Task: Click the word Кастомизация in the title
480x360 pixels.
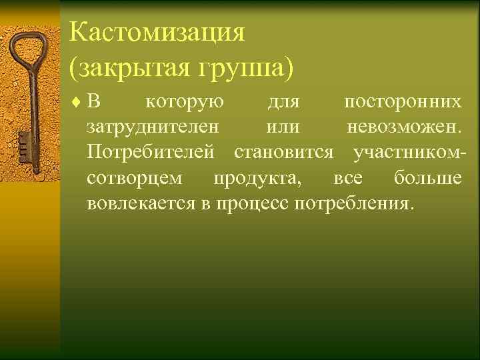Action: [157, 32]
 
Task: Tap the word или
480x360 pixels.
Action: [283, 127]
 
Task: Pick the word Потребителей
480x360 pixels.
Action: [151, 153]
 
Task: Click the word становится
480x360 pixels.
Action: [284, 153]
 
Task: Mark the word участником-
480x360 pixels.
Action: [409, 153]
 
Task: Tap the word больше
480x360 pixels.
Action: [427, 178]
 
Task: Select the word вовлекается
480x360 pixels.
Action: [141, 203]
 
